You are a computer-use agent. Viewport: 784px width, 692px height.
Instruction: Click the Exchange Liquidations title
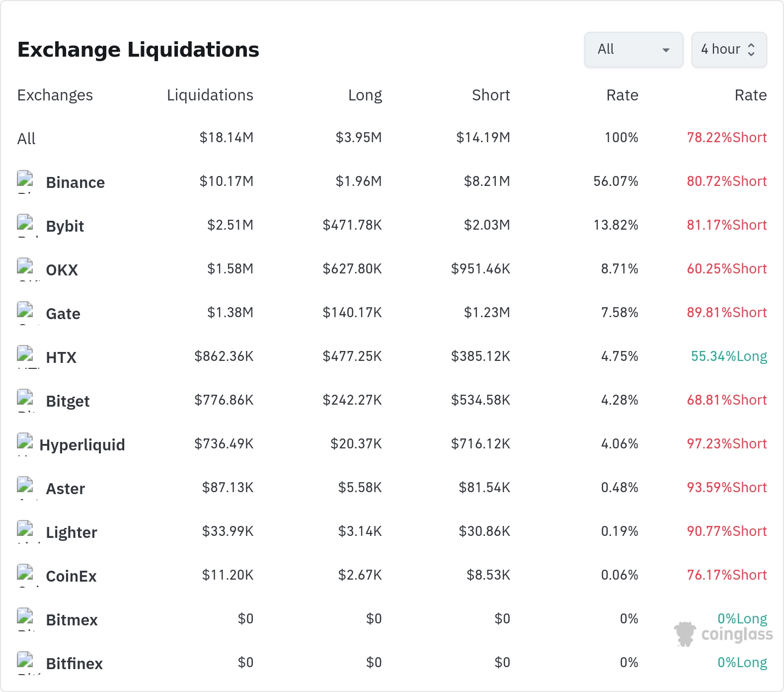point(138,50)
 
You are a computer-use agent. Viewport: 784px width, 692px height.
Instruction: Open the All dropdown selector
point(633,50)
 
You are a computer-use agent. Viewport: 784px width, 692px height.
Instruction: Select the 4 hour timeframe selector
point(729,50)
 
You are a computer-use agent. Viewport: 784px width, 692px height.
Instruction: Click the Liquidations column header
point(210,95)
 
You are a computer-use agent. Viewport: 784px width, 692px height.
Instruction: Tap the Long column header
point(365,95)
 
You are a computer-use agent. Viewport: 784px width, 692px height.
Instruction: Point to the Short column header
point(491,95)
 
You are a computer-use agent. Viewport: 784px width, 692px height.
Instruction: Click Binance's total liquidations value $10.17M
point(227,181)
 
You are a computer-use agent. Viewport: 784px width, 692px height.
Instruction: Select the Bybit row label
point(65,227)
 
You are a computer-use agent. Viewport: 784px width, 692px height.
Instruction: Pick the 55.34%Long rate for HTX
point(729,356)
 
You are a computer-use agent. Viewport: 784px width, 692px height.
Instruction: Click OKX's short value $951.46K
point(480,269)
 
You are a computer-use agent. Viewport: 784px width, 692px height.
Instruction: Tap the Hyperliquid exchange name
point(82,445)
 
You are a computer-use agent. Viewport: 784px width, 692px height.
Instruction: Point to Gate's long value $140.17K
point(352,313)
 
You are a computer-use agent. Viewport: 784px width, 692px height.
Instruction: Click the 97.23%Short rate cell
point(727,443)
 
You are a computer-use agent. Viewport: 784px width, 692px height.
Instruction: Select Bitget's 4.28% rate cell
point(620,400)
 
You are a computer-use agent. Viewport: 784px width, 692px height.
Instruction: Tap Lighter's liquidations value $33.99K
point(228,531)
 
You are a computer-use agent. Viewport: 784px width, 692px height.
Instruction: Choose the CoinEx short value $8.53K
point(488,575)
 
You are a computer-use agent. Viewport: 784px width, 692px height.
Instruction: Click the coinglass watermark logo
point(723,634)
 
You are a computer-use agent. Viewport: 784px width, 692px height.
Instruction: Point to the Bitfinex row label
point(75,664)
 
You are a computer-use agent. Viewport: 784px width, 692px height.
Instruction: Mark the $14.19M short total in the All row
point(483,137)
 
